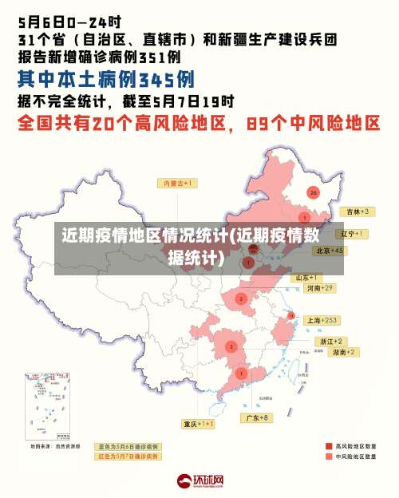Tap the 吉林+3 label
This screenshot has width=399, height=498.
pos(354,211)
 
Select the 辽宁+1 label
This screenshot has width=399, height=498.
pos(351,234)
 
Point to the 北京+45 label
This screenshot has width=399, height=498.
pos(329,251)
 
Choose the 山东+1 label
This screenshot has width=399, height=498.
pos(310,278)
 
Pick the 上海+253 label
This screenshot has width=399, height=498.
pos(322,320)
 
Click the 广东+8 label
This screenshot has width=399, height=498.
pos(257,417)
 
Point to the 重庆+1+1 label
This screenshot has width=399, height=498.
pos(198,424)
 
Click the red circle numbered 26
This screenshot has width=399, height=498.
pos(313,192)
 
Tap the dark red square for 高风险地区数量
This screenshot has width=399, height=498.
pos(328,446)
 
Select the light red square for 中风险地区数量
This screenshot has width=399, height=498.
pos(328,457)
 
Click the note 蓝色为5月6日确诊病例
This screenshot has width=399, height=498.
pos(128,446)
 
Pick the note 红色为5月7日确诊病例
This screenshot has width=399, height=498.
pos(128,457)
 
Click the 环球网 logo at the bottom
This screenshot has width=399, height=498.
pos(199,481)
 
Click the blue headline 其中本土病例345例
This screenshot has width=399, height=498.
pos(105,80)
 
